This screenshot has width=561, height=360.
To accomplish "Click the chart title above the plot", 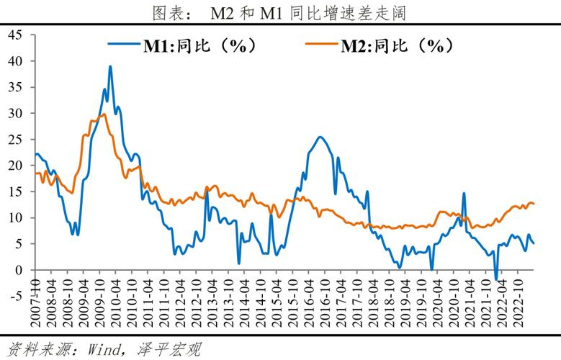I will pyautogui.click(x=280, y=12).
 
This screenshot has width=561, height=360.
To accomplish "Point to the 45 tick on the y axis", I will pyautogui.click(x=17, y=35).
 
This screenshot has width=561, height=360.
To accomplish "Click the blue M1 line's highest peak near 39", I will pyautogui.click(x=110, y=66).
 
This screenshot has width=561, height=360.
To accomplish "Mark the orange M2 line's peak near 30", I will pyautogui.click(x=104, y=114).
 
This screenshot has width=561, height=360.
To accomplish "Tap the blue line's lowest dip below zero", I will pyautogui.click(x=495, y=279).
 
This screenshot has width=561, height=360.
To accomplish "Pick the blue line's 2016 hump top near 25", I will pyautogui.click(x=320, y=137).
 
